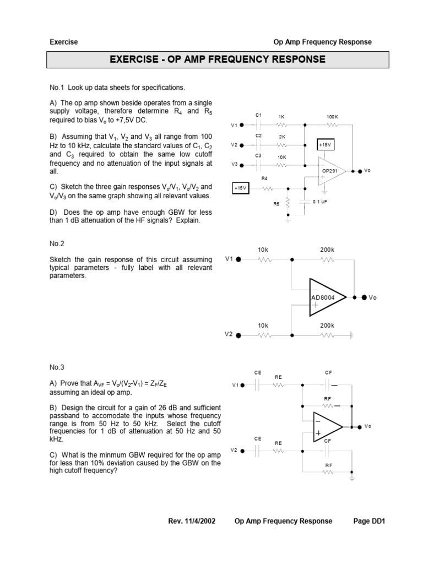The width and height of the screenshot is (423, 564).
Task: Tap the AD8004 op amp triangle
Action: tap(327, 297)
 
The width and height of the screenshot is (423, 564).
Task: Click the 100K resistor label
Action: tap(332, 117)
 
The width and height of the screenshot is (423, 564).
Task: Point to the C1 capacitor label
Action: tap(258, 115)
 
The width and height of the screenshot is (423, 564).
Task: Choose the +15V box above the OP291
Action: tap(326, 144)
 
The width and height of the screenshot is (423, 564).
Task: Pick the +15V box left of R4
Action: tap(241, 188)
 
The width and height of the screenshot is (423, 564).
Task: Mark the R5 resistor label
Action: tap(276, 204)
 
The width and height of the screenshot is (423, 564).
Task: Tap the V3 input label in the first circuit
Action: tap(234, 165)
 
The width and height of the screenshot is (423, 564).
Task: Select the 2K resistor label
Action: tap(282, 136)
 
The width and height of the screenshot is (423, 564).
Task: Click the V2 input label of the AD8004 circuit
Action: tap(229, 334)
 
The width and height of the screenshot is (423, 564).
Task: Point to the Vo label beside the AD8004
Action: tap(372, 297)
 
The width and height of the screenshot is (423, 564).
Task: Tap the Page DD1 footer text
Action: tap(369, 520)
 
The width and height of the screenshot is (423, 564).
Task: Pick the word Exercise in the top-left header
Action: tap(64, 42)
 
